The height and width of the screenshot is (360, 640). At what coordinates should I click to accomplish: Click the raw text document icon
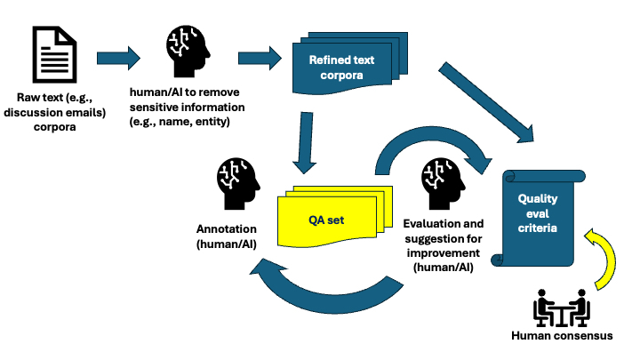pos(54,53)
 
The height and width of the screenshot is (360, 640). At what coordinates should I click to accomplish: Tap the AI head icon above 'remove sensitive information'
pos(189,52)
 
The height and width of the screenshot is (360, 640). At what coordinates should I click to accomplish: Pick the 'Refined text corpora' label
pos(342,67)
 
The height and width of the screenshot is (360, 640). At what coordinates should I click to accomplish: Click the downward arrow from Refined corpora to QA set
pos(306,142)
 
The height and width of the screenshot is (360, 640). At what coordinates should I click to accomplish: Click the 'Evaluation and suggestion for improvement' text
pos(444,244)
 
